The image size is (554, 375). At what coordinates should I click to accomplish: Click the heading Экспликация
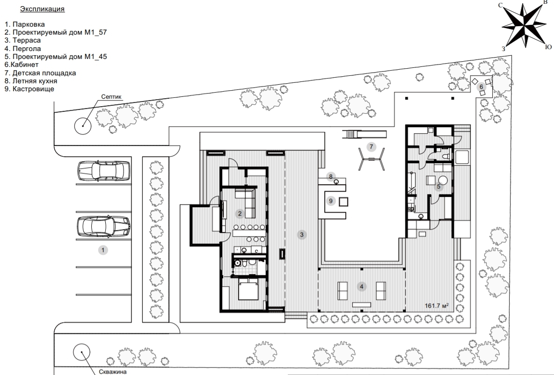tap(43, 9)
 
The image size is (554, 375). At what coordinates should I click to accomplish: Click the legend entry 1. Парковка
tap(25, 24)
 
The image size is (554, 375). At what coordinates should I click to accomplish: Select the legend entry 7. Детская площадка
tap(40, 73)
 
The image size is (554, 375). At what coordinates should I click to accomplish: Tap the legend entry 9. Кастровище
tap(29, 89)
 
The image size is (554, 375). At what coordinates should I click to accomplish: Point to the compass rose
tap(524, 25)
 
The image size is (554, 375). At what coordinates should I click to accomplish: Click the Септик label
tap(111, 97)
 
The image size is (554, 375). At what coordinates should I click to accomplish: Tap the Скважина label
tap(113, 371)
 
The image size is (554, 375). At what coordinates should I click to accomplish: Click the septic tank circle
tap(83, 126)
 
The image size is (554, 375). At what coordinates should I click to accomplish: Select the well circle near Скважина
tap(81, 352)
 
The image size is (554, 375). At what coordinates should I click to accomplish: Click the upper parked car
tap(103, 171)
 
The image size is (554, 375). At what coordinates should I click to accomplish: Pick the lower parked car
tap(103, 226)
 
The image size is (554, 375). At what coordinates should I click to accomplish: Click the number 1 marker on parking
tap(103, 250)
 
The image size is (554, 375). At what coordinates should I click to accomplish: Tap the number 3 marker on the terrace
tap(302, 234)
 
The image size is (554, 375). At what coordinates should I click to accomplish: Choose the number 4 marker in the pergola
tap(361, 287)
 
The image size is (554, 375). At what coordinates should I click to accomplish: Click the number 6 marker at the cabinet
tap(481, 87)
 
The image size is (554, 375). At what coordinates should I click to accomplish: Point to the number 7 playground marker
tap(371, 147)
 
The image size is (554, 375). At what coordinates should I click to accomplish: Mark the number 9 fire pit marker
tap(331, 201)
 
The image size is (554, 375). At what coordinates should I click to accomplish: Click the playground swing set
tap(372, 159)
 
